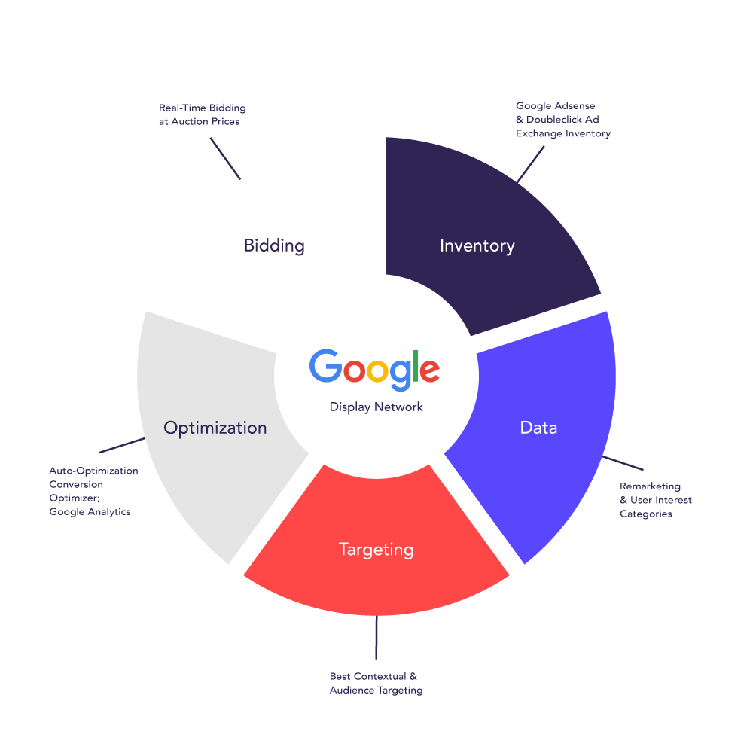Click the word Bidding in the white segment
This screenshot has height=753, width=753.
pos(274,245)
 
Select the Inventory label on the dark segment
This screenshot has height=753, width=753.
pos(477,245)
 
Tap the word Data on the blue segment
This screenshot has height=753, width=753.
pos(538,428)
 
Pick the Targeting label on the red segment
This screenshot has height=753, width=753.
pos(376,550)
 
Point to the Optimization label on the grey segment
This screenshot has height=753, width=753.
pos(215,428)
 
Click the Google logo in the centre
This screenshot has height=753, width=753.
pos(374,369)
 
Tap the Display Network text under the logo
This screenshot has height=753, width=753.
pos(376,407)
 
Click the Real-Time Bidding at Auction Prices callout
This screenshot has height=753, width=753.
pos(203,114)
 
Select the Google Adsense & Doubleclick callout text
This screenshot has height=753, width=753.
pos(563,120)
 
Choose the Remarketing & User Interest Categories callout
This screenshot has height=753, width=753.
pos(656,500)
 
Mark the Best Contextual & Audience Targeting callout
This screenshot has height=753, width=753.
pos(376,683)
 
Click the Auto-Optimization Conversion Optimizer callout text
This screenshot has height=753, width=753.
pos(94,491)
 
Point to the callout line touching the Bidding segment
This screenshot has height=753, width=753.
pos(225,158)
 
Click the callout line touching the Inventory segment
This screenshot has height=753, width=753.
pos(531,164)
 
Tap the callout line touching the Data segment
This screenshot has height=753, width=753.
pos(623,464)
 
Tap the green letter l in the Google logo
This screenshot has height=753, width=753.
pos(413,365)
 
